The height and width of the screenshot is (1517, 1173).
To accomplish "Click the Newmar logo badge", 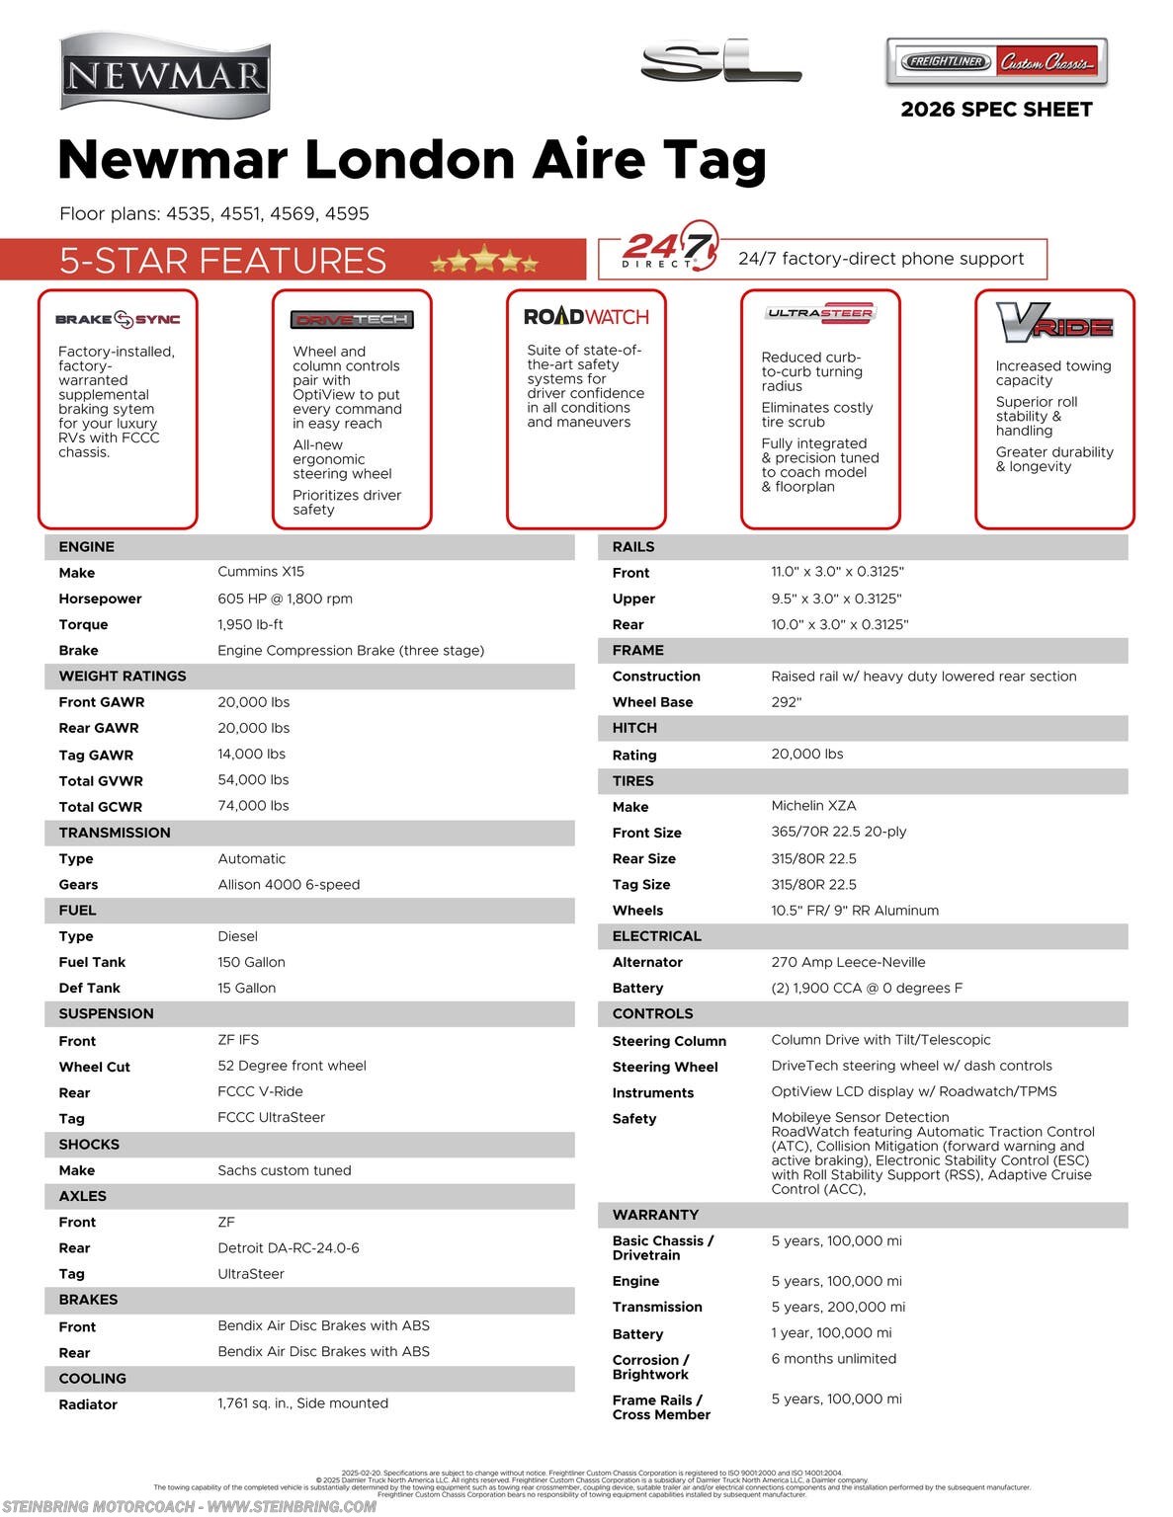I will (x=165, y=75).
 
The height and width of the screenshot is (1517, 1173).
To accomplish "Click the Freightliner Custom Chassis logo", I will (x=996, y=62).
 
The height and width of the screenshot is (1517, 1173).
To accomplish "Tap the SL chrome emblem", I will (x=720, y=62).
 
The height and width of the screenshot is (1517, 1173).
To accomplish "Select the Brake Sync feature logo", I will (x=118, y=319).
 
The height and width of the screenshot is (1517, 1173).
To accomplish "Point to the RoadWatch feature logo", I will (x=586, y=317).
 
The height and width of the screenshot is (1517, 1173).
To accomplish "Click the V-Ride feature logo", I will (x=1054, y=323).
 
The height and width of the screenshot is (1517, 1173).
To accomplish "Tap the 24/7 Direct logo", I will (x=667, y=247).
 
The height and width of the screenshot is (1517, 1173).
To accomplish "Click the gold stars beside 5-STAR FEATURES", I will (x=484, y=261).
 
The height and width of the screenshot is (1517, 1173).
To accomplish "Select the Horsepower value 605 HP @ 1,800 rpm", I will (x=285, y=599).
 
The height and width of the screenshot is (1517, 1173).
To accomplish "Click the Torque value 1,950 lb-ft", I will (x=250, y=624).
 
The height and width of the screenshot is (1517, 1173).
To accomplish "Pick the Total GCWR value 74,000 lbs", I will (x=253, y=806).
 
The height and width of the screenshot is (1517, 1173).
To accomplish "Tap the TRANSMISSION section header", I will (x=115, y=833).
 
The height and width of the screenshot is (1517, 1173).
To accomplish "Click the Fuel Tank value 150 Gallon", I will (x=251, y=962).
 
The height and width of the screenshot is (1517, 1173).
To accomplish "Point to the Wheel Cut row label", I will (x=94, y=1067).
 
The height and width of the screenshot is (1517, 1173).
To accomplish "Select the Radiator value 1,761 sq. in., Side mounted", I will (x=302, y=1403).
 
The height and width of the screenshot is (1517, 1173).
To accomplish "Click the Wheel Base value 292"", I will (x=786, y=702).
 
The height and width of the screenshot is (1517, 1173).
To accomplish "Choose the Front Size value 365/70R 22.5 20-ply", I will (x=838, y=832).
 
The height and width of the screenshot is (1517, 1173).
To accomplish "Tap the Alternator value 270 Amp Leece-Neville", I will (x=848, y=962).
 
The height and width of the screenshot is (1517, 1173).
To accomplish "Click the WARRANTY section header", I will (x=655, y=1215).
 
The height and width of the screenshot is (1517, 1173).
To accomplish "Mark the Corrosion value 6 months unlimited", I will (x=833, y=1359).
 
